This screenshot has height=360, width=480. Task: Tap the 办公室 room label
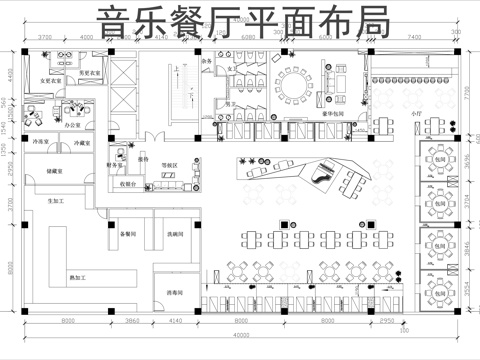(x=72, y=125)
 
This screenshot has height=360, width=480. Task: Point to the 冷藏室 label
(x=84, y=144)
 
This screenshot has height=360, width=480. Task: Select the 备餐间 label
(x=127, y=233)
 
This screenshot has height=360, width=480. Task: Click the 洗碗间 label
(x=174, y=233)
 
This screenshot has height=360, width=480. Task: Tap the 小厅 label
(x=417, y=115)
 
